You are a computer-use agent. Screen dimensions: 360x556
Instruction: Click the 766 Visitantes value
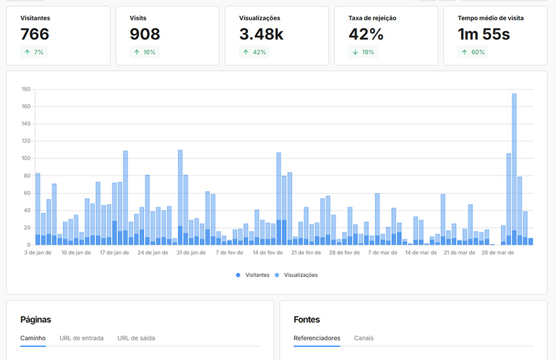coord(35,35)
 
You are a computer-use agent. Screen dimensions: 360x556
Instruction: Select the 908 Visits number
coord(145,35)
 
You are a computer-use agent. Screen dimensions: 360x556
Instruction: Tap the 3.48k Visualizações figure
coord(261,35)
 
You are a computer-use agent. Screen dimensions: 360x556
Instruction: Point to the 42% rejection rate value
coord(366,35)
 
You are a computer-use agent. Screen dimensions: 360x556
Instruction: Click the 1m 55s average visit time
coord(483,35)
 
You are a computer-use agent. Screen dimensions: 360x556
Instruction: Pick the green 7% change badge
coord(35,52)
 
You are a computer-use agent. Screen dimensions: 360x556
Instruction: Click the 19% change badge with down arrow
coord(364,52)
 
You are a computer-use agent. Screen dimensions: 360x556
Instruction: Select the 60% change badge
coord(473,52)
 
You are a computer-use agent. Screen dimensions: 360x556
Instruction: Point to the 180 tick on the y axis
coord(26,89)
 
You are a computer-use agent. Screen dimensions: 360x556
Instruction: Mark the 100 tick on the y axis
coord(26,158)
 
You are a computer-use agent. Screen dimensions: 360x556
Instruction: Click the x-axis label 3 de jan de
coord(38,252)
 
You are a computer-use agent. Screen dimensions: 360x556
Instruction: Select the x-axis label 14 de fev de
coord(267,252)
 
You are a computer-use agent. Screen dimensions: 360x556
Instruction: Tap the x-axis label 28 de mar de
coord(497,252)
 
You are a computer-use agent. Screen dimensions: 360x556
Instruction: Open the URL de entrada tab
coord(81,338)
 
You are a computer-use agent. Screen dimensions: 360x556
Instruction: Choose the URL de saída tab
coord(136,338)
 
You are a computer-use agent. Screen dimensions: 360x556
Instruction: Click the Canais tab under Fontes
coord(364,338)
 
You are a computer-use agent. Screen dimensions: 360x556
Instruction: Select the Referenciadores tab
coord(317,338)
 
